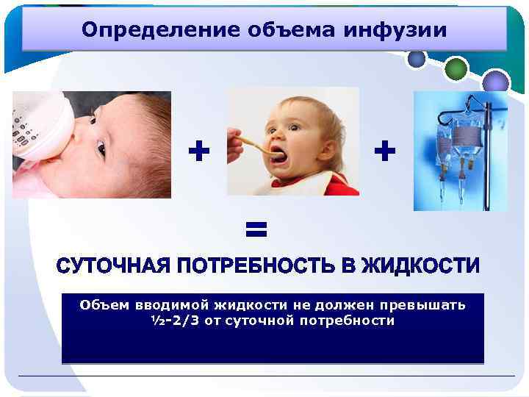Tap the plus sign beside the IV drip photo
[x=384, y=152]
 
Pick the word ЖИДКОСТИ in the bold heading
[x=423, y=265]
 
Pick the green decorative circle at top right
[x=456, y=68]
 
